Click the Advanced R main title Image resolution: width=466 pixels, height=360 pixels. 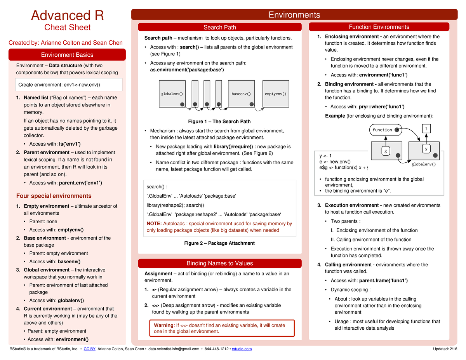(67, 16)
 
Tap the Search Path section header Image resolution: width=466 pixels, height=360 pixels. (220, 27)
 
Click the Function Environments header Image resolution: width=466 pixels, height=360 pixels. (379, 27)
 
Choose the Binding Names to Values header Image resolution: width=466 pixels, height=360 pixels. (220, 263)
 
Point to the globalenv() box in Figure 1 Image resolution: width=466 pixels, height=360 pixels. (172, 94)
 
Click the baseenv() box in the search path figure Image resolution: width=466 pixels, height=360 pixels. (241, 94)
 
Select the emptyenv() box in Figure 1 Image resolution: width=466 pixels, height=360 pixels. (276, 94)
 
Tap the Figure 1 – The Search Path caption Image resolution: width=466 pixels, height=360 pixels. (219, 122)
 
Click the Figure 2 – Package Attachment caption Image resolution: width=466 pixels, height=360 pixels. (219, 243)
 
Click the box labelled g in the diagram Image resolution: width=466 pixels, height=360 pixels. (386, 151)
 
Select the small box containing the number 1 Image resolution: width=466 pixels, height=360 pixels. (426, 128)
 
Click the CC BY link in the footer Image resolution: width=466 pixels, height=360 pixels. (90, 349)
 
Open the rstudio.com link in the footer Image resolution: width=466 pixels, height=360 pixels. (242, 349)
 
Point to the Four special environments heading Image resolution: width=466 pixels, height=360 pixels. (54, 196)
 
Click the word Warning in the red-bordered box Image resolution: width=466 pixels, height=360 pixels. (163, 325)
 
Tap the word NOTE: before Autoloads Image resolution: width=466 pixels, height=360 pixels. (154, 224)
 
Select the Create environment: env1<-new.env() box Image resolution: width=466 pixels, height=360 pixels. (69, 84)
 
